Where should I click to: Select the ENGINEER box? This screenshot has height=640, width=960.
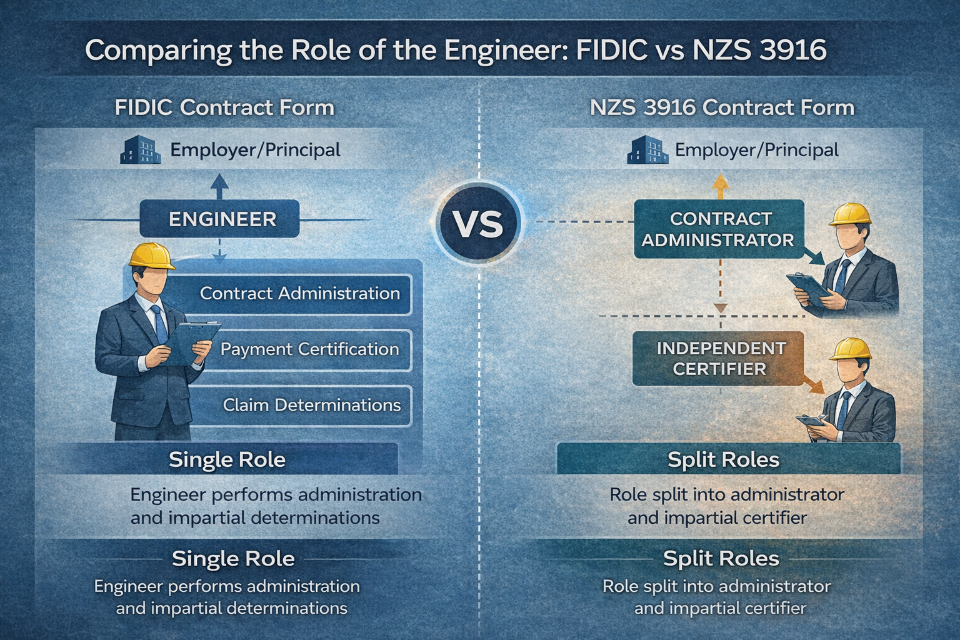point(219,219)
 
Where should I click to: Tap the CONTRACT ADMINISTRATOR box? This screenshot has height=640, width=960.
point(719,229)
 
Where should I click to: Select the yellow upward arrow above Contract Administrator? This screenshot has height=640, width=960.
point(721,186)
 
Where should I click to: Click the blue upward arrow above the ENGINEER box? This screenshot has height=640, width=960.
point(219,186)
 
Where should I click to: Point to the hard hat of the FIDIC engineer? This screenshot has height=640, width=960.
point(151,256)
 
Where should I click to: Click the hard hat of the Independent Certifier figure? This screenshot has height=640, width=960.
point(850,348)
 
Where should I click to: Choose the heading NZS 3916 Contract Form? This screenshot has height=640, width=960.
point(722,107)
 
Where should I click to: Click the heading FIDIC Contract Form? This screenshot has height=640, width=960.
point(224,107)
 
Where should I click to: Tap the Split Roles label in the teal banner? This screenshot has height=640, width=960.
point(723,460)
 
